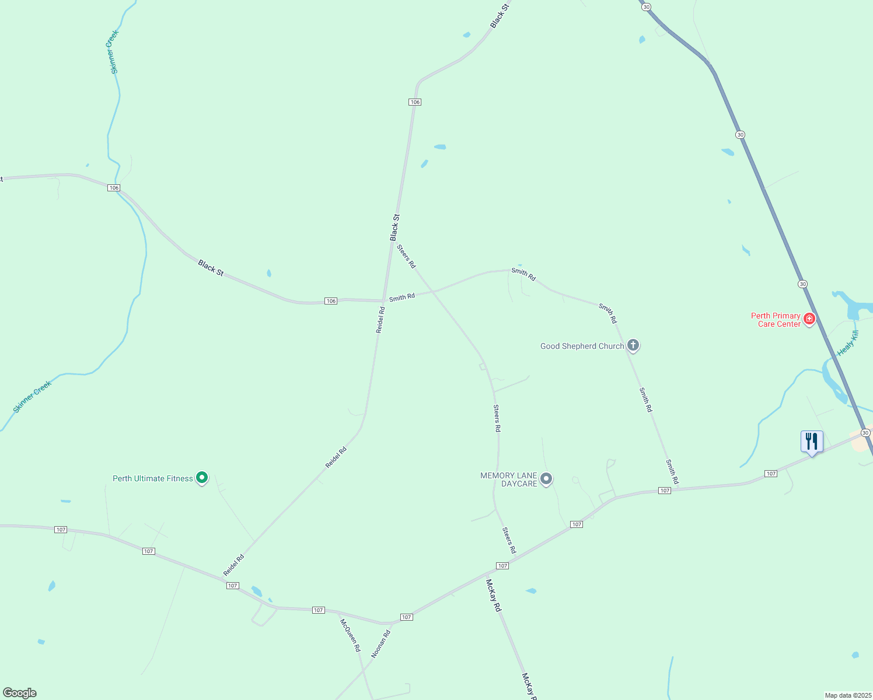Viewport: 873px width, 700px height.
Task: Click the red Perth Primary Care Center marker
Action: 809,318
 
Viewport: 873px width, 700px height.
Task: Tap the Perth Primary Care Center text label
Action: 776,320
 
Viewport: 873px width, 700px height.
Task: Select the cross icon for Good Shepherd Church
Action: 633,345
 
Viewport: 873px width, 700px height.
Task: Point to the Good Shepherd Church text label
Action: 582,346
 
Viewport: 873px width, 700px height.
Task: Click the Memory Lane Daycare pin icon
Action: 546,479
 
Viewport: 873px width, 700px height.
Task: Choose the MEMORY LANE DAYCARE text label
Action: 509,480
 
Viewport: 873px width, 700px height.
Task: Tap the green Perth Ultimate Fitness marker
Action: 202,478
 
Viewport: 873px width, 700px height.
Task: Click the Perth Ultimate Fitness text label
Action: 153,478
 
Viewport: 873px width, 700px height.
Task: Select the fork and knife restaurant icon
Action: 812,442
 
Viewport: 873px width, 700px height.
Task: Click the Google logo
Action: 19,693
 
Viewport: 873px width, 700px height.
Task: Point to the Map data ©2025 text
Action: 847,695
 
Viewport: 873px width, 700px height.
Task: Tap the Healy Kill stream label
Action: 848,343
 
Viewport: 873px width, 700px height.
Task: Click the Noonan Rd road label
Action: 380,644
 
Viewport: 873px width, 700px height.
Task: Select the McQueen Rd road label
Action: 351,635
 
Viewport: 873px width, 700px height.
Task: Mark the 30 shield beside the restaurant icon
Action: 865,433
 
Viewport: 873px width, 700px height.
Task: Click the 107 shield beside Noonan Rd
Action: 407,617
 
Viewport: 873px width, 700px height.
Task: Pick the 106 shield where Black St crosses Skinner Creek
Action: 114,188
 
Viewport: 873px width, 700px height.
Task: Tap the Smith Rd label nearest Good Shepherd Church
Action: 607,313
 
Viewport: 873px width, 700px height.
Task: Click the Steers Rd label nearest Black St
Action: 406,256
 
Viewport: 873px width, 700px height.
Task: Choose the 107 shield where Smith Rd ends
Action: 665,491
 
